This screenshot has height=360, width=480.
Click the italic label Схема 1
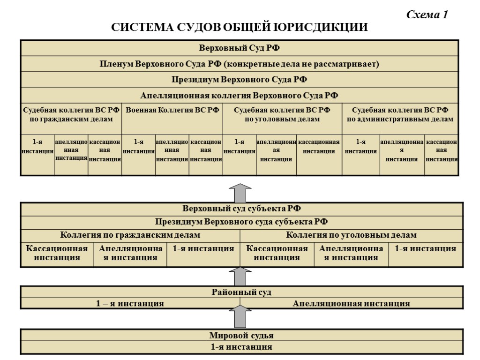pos(427,15)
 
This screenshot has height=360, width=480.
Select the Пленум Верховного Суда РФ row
pos(240,64)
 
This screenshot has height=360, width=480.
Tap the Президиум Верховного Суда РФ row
pos(240,79)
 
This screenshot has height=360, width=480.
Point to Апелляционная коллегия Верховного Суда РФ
pos(240,95)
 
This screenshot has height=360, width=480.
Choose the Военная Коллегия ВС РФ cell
pos(172,110)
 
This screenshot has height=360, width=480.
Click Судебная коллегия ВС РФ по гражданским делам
pos(71,114)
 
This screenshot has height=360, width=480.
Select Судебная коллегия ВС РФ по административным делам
pos(400,114)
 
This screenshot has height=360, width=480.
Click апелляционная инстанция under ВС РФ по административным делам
pos(402,150)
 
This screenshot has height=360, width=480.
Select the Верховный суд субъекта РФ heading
pos(240,209)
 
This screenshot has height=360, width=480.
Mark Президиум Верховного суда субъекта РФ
pos(240,222)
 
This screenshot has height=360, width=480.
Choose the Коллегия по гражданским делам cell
pos(130,235)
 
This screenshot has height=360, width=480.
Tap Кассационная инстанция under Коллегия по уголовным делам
pos(277,253)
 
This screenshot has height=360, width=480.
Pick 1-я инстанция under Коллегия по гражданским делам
pos(203,249)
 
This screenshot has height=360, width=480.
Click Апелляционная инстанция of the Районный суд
pos(351,303)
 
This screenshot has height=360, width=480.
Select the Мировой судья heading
pos(241,336)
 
